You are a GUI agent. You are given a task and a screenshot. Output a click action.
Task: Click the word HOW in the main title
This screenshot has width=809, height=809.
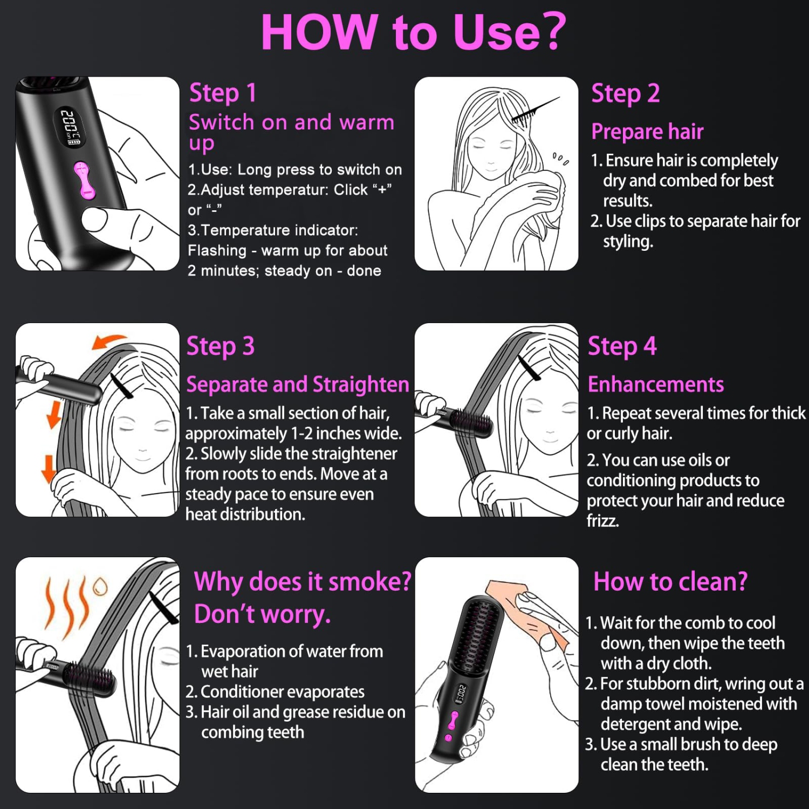(318, 32)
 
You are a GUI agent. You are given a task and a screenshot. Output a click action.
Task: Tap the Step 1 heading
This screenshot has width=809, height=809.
(222, 93)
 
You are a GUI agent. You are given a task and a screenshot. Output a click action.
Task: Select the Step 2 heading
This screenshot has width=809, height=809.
(625, 93)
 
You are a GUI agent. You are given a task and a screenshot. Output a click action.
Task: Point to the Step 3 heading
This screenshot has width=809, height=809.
(220, 346)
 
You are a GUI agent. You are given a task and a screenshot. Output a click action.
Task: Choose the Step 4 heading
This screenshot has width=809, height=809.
(622, 346)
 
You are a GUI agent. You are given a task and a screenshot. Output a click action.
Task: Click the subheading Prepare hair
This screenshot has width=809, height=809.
(647, 132)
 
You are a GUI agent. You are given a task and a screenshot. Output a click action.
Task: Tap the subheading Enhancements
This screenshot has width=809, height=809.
(655, 385)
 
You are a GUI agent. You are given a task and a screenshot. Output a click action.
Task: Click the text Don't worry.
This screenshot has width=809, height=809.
(262, 614)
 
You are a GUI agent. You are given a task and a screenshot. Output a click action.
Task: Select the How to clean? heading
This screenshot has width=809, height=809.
(670, 582)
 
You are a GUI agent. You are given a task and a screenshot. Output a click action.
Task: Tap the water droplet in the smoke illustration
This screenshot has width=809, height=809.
(100, 586)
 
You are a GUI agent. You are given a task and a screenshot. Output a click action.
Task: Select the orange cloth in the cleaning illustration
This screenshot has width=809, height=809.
(531, 615)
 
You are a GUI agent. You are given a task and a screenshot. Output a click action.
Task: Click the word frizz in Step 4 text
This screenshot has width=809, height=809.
(602, 521)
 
